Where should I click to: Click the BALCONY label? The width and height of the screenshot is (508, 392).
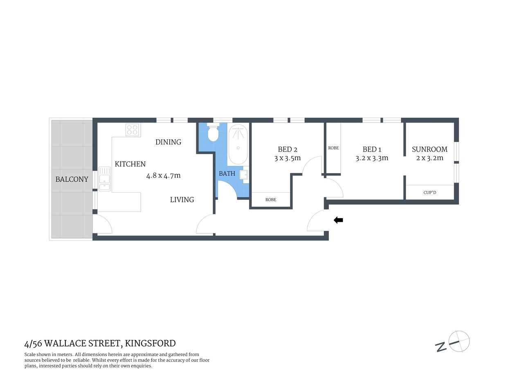pos(72,179)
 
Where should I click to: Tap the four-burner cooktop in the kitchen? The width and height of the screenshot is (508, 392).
pos(132,130)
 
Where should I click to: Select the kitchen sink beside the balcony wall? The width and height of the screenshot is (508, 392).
pos(105,179)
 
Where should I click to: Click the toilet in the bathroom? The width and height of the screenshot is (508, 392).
pos(213,133)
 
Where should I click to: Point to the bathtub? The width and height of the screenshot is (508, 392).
pos(238,144)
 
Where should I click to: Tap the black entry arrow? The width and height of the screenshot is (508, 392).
pos(338,220)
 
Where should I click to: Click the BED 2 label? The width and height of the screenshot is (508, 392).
pos(288,149)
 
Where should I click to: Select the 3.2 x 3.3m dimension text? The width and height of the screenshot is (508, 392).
pos(372,158)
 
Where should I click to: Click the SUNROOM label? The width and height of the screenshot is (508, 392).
pos(429,149)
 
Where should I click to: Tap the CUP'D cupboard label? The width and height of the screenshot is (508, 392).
pos(429,192)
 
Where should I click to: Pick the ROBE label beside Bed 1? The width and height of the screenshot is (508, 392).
pos(333,148)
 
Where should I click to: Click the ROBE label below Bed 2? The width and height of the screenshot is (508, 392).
pos(271,200)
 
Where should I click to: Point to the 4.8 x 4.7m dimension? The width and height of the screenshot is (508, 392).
pos(163,176)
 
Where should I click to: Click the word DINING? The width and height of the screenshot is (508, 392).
pos(168,142)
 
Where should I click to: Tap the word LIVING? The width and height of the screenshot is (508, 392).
pos(182,200)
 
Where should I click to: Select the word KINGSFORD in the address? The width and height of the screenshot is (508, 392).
pos(150,343)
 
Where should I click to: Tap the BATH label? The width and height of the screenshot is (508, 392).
pos(227,174)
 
